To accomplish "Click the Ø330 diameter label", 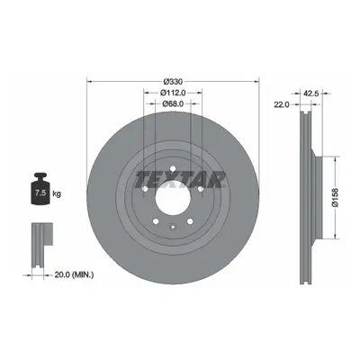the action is pyautogui.click(x=173, y=82).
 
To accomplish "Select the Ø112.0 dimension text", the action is pyautogui.click(x=173, y=93).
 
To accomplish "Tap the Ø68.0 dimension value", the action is pyautogui.click(x=173, y=103).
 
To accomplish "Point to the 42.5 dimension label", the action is pyautogui.click(x=310, y=94).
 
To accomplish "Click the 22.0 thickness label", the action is pyautogui.click(x=281, y=104).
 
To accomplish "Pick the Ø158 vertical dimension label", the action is pyautogui.click(x=335, y=197).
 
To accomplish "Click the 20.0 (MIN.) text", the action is pyautogui.click(x=74, y=274).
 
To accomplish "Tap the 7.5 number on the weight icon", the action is pyautogui.click(x=40, y=193).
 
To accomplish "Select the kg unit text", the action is pyautogui.click(x=57, y=193).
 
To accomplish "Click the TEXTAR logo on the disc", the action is pyautogui.click(x=180, y=179).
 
